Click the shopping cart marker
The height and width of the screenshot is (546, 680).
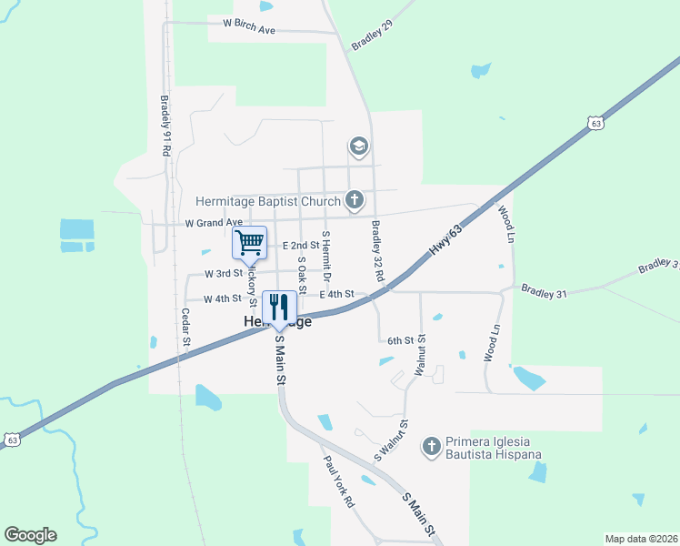click(249, 242)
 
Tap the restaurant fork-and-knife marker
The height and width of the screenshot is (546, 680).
click(278, 306)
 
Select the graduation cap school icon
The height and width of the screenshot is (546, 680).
click(358, 146)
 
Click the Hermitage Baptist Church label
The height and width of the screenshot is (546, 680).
click(269, 200)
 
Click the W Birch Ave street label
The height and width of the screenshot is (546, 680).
click(242, 29)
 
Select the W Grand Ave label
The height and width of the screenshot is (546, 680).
click(214, 222)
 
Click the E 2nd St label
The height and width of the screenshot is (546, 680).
click(301, 246)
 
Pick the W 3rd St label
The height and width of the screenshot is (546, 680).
click(224, 273)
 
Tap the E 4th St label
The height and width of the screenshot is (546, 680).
click(335, 294)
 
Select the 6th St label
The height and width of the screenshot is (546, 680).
click(400, 340)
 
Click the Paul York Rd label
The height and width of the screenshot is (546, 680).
click(338, 480)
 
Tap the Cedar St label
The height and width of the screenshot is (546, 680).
click(185, 327)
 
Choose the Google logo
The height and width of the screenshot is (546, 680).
click(30, 535)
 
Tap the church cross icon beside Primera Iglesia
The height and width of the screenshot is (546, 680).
click(433, 446)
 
